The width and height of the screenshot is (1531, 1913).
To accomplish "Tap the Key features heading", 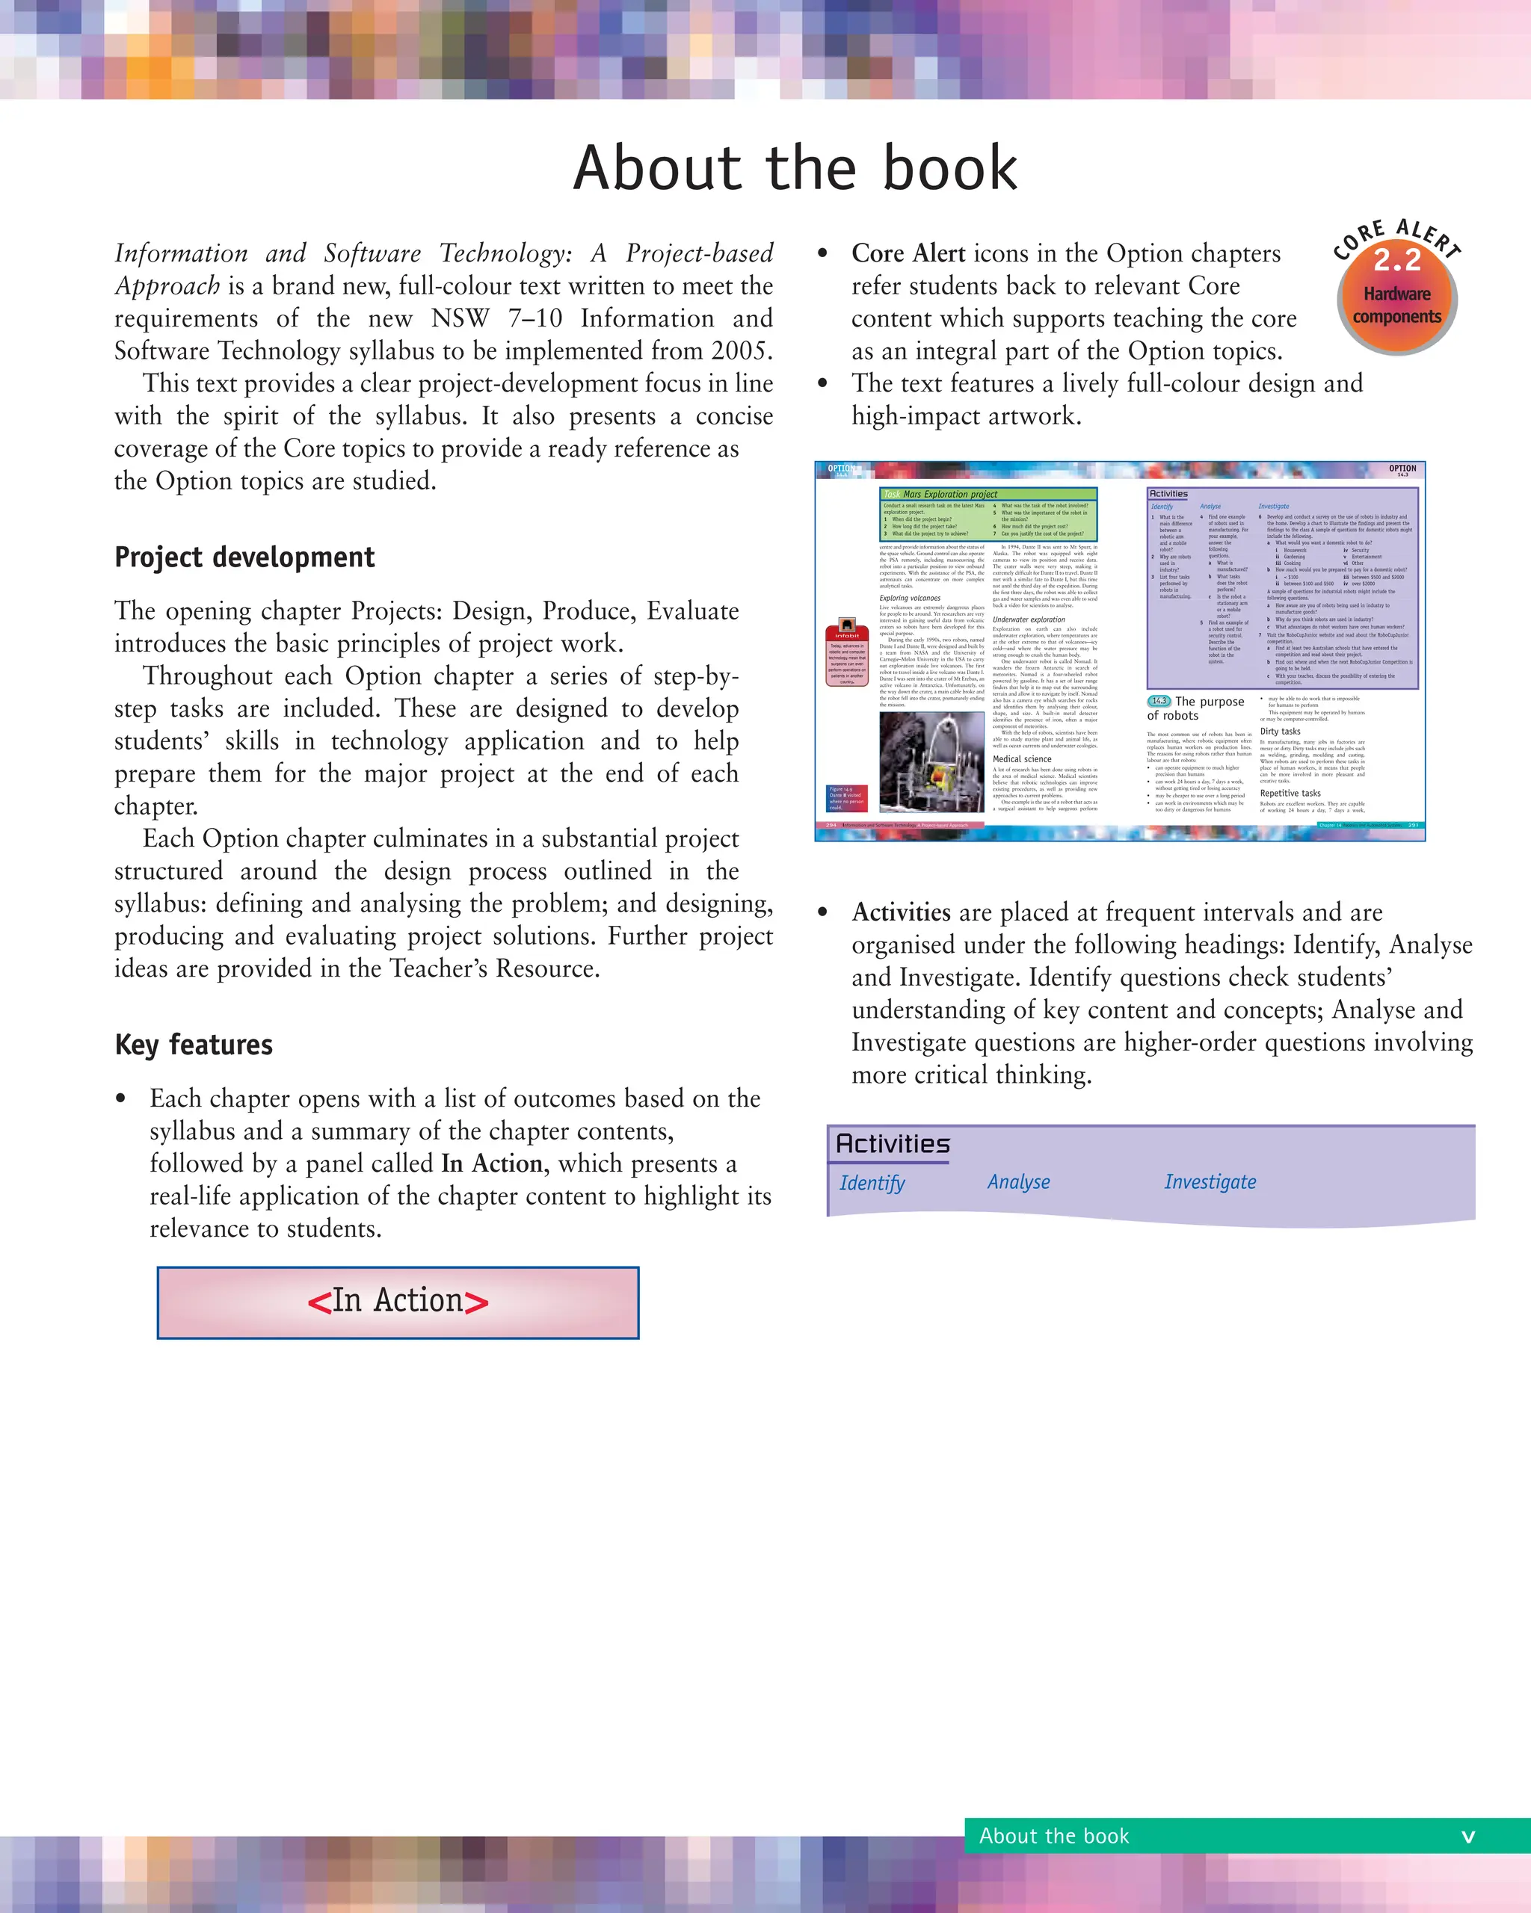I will [x=194, y=1045].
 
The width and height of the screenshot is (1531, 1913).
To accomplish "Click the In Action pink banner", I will [x=398, y=1302].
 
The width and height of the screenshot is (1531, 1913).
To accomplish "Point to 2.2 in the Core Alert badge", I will [x=1397, y=261].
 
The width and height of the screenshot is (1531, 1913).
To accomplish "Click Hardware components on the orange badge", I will [x=1397, y=305].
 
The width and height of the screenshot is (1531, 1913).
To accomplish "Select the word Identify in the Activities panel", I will [x=872, y=1183].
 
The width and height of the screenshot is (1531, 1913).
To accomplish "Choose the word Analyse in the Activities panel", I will [x=1018, y=1182].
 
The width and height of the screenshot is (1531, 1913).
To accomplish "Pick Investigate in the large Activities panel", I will [x=1210, y=1182].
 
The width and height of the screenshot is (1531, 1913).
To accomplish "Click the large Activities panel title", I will [x=893, y=1144].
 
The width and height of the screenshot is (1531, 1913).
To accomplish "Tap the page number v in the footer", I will [x=1468, y=1836].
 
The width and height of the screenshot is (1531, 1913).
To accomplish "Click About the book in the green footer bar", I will [x=1053, y=1836].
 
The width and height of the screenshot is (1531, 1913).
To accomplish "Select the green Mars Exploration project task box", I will [x=988, y=515].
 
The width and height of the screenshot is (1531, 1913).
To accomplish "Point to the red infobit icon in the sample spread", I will [x=847, y=631].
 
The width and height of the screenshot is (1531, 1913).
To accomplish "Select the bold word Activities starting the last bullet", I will [x=901, y=913].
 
